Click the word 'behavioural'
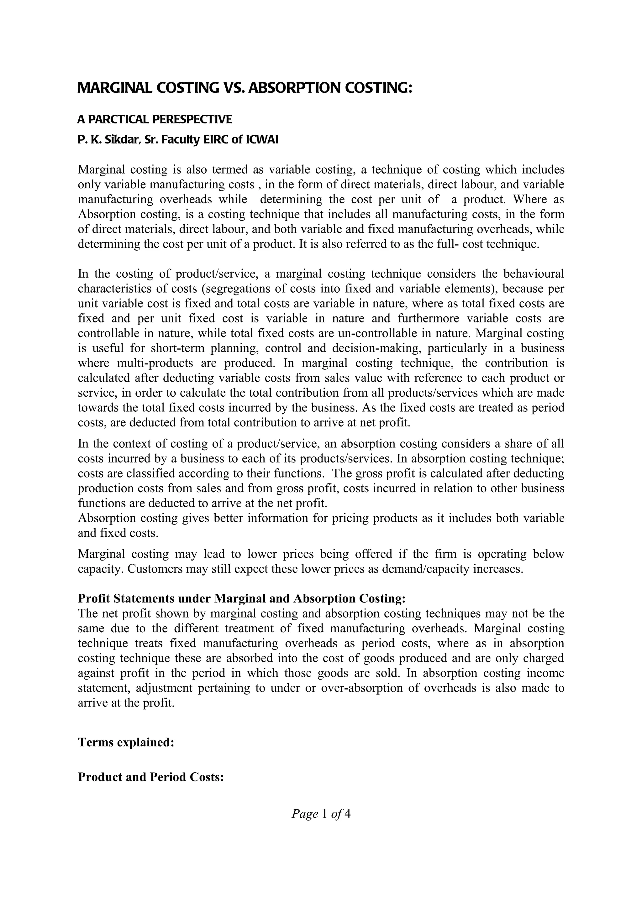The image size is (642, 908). coord(533,274)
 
